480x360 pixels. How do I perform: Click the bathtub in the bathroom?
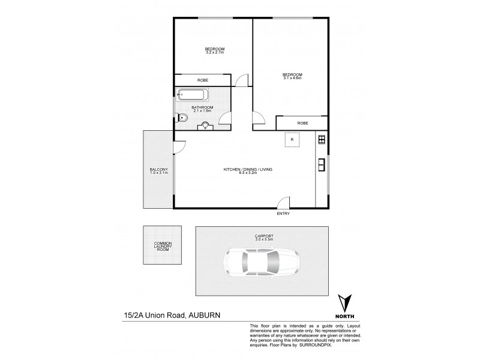[193, 95]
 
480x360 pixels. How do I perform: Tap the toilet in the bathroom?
[183, 119]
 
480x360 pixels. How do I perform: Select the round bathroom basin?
[206, 125]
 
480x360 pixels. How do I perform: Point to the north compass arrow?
[344, 303]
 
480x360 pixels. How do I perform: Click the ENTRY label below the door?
[283, 214]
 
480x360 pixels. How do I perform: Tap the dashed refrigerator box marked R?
[292, 140]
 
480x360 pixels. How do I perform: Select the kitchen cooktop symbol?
[322, 140]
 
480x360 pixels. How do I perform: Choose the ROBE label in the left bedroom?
[203, 80]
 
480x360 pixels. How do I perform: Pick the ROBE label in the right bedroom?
[302, 123]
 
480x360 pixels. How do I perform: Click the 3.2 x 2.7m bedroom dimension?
[214, 52]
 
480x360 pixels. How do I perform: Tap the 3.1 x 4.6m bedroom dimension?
[292, 78]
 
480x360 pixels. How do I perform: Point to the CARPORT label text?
[263, 236]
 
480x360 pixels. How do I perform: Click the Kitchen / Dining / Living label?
[248, 170]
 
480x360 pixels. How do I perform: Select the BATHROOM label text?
[202, 107]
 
